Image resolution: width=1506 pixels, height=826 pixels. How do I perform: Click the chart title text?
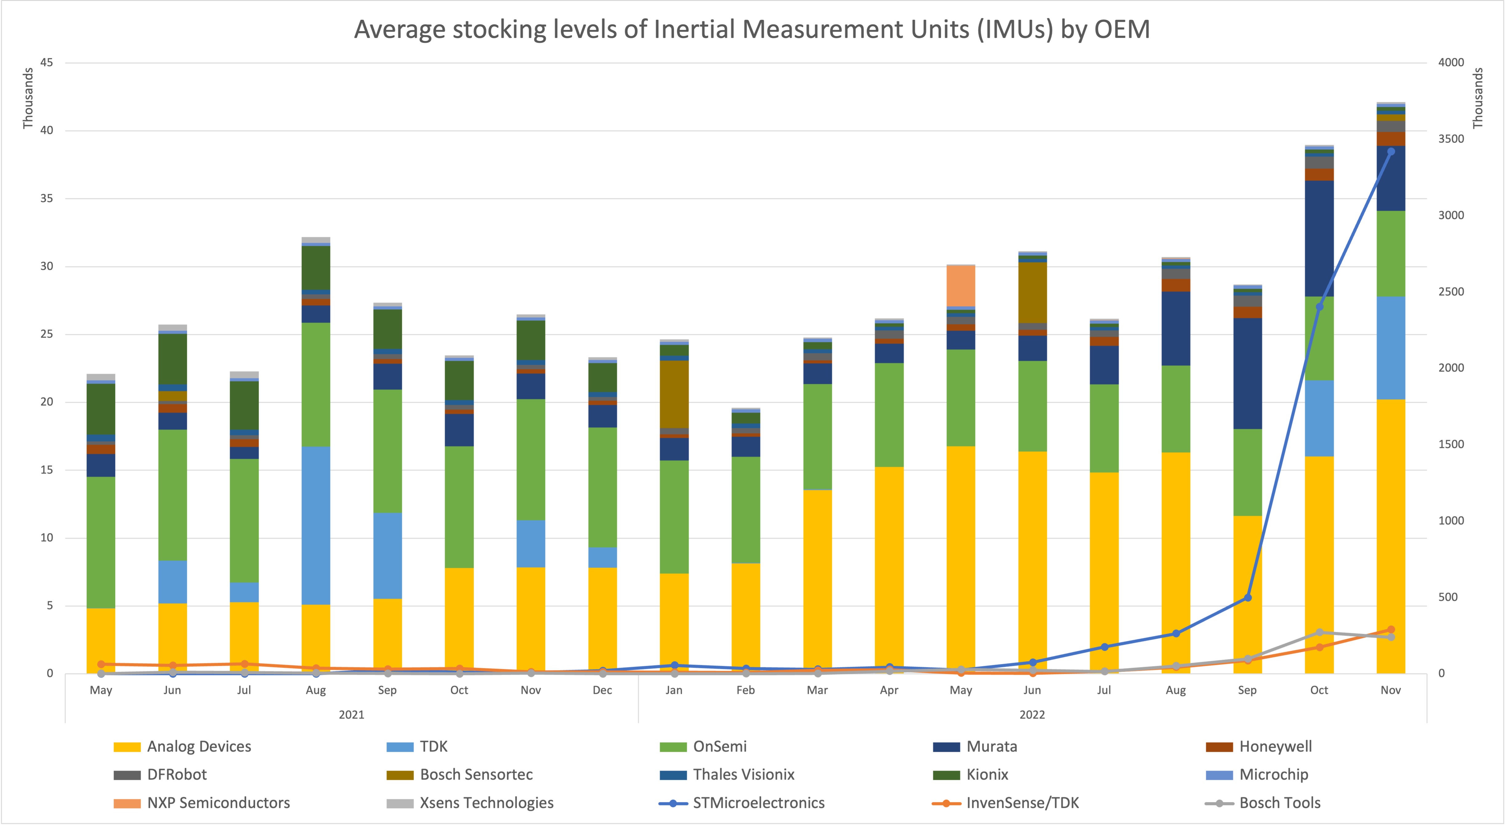pyautogui.click(x=752, y=29)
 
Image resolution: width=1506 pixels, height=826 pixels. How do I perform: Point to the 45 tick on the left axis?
pyautogui.click(x=47, y=63)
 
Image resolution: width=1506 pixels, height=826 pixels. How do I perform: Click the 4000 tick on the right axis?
pyautogui.click(x=1451, y=63)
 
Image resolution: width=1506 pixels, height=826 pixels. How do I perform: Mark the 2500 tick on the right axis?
pyautogui.click(x=1451, y=291)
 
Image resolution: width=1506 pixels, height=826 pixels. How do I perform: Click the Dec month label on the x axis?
pyautogui.click(x=602, y=690)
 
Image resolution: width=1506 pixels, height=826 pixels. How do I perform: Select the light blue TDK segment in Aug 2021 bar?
pyautogui.click(x=316, y=525)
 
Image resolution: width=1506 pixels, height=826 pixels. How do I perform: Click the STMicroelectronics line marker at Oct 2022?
pyautogui.click(x=1319, y=307)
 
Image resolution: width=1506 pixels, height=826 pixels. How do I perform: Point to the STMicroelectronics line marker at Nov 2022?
pyautogui.click(x=1391, y=152)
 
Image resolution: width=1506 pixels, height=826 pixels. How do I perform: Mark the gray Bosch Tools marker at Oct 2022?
pyautogui.click(x=1319, y=633)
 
